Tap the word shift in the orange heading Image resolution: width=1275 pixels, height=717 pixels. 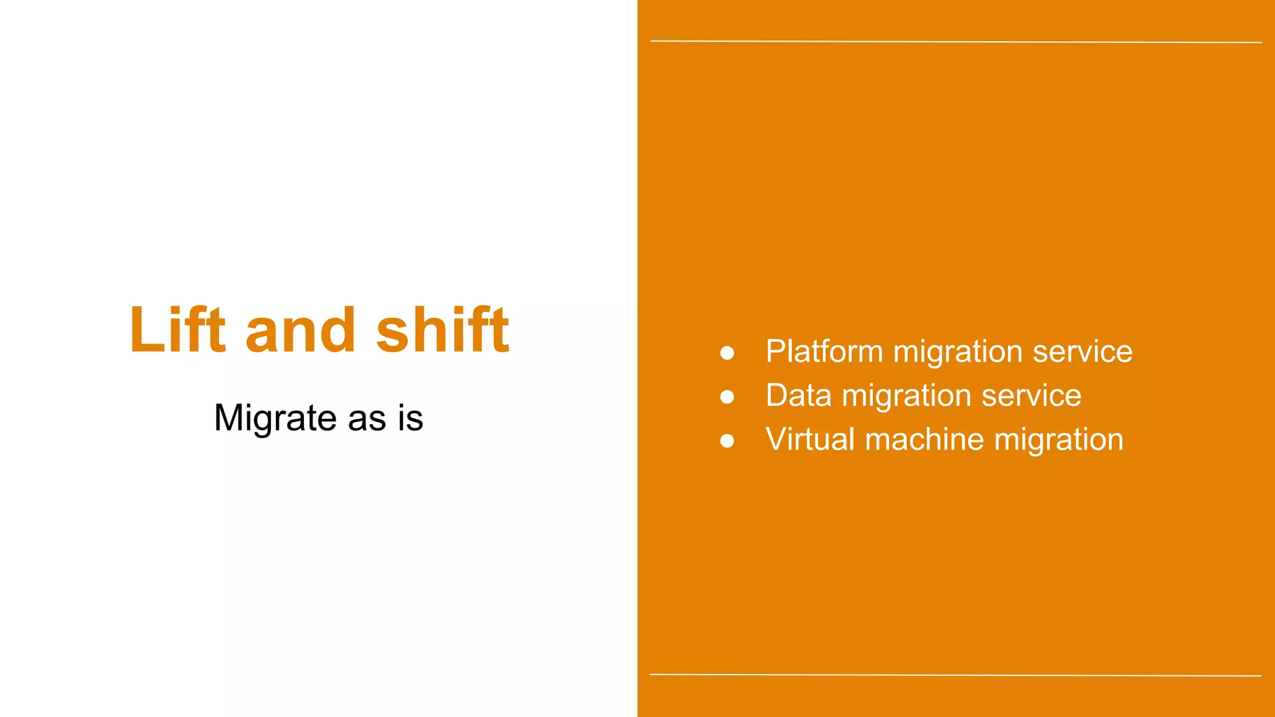(443, 330)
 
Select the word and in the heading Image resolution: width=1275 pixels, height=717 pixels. (300, 330)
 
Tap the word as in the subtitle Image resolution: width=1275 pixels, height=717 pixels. (367, 418)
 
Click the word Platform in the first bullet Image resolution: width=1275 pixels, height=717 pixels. (824, 352)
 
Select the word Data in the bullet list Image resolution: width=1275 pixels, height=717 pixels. (798, 396)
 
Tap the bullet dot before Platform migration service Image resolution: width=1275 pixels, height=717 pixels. (727, 354)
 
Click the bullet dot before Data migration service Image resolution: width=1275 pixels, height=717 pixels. (727, 397)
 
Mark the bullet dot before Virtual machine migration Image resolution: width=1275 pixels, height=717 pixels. (727, 441)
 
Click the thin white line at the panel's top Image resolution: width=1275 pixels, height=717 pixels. (956, 42)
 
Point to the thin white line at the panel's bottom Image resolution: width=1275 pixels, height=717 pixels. (956, 675)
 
